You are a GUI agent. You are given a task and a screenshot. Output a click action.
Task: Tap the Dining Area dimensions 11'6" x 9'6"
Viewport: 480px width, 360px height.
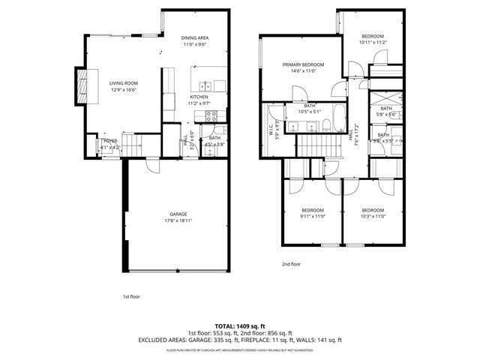[193, 44]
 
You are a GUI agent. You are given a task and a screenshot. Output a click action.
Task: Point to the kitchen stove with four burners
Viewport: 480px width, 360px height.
[211, 115]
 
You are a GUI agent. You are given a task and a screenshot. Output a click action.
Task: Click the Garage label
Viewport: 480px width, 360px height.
[178, 214]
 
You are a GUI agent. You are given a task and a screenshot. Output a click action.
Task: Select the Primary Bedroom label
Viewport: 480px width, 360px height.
[301, 64]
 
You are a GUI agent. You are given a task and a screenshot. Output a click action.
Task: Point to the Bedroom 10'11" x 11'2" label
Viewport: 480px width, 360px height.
[373, 37]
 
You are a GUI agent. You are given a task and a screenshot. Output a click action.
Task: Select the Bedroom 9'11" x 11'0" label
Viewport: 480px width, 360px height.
[313, 210]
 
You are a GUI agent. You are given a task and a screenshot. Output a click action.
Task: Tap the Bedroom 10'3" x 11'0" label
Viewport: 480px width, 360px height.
[373, 210]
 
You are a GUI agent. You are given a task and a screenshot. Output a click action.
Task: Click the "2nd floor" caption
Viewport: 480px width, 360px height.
[291, 264]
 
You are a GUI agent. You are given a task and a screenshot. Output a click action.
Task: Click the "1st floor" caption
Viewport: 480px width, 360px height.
[131, 296]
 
